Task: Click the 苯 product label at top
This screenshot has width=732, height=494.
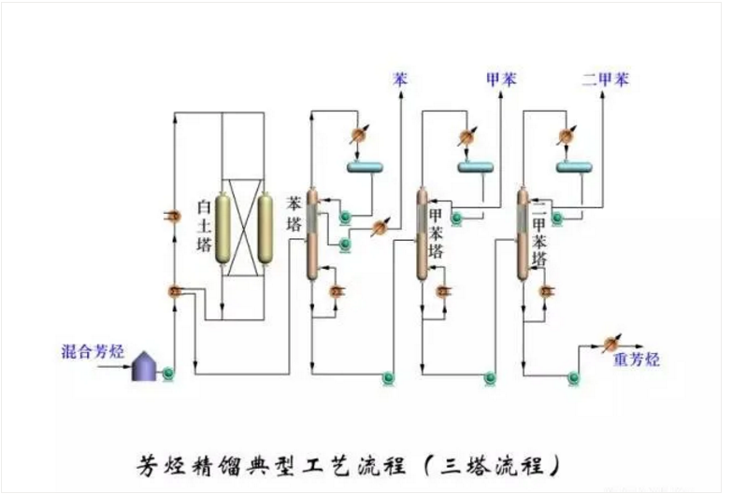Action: (400, 79)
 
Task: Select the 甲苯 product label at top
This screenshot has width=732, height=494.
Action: (501, 79)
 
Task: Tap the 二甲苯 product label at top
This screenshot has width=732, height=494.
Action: (605, 79)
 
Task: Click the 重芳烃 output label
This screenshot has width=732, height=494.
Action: (636, 359)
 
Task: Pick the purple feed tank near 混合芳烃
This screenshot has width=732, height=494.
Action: (145, 366)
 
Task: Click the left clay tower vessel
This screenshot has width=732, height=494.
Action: (225, 228)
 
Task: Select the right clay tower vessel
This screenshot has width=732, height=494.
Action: (266, 228)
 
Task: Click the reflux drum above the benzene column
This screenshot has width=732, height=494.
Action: (367, 167)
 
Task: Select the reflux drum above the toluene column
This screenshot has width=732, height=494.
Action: (475, 167)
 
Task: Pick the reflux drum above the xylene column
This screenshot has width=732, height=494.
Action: (575, 167)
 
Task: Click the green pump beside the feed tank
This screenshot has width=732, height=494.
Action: (169, 374)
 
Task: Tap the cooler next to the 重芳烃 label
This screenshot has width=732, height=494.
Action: (612, 340)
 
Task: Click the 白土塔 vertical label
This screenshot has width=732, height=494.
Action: (203, 223)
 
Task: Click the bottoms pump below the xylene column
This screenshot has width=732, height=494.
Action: (570, 377)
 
